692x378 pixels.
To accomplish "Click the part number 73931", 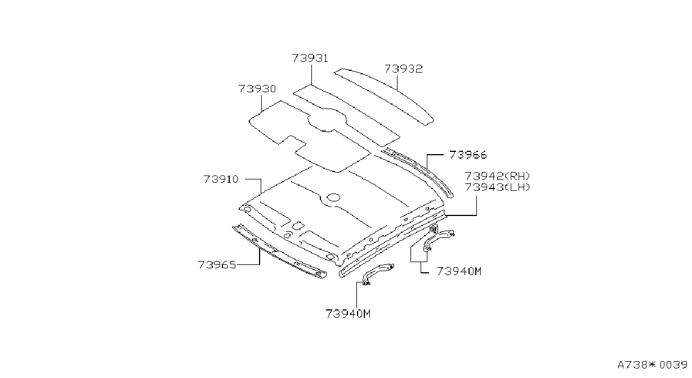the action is pos(310,58).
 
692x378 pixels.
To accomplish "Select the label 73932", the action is pos(403,69).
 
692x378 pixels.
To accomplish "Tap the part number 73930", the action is pos(257,89).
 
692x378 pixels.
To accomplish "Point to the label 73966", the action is pos(468,155).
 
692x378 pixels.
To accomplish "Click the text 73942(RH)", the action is pos(497,176).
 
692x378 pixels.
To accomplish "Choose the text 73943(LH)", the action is pos(497,187).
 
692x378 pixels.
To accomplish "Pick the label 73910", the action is pos(221,179).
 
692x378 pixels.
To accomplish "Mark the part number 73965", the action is pos(217,265).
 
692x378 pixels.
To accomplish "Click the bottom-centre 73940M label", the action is pos(348,314).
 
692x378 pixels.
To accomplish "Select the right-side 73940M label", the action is pos(459,271).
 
